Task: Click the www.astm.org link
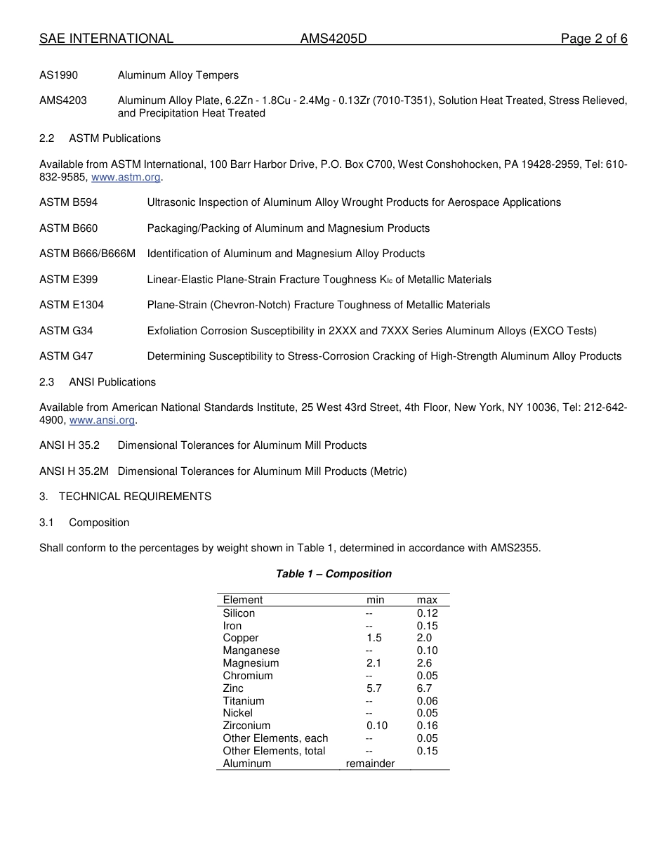click(x=126, y=177)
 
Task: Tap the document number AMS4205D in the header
click(x=333, y=39)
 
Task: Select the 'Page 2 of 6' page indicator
click(x=593, y=39)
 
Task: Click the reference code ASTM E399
click(x=69, y=280)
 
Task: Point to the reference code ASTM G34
click(x=66, y=331)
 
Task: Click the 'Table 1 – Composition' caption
click(x=333, y=574)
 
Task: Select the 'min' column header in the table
click(x=375, y=600)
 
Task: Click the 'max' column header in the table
click(x=427, y=600)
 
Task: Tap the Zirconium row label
click(x=246, y=726)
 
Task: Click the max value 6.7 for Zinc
click(x=424, y=688)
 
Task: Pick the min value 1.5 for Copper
click(x=374, y=638)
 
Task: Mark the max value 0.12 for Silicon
click(x=427, y=613)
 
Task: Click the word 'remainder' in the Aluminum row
click(x=370, y=764)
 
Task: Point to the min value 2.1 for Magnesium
click(x=374, y=663)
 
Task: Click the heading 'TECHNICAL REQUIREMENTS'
click(x=135, y=497)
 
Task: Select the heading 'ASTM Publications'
click(x=114, y=138)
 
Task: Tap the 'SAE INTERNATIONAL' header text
click(x=106, y=39)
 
